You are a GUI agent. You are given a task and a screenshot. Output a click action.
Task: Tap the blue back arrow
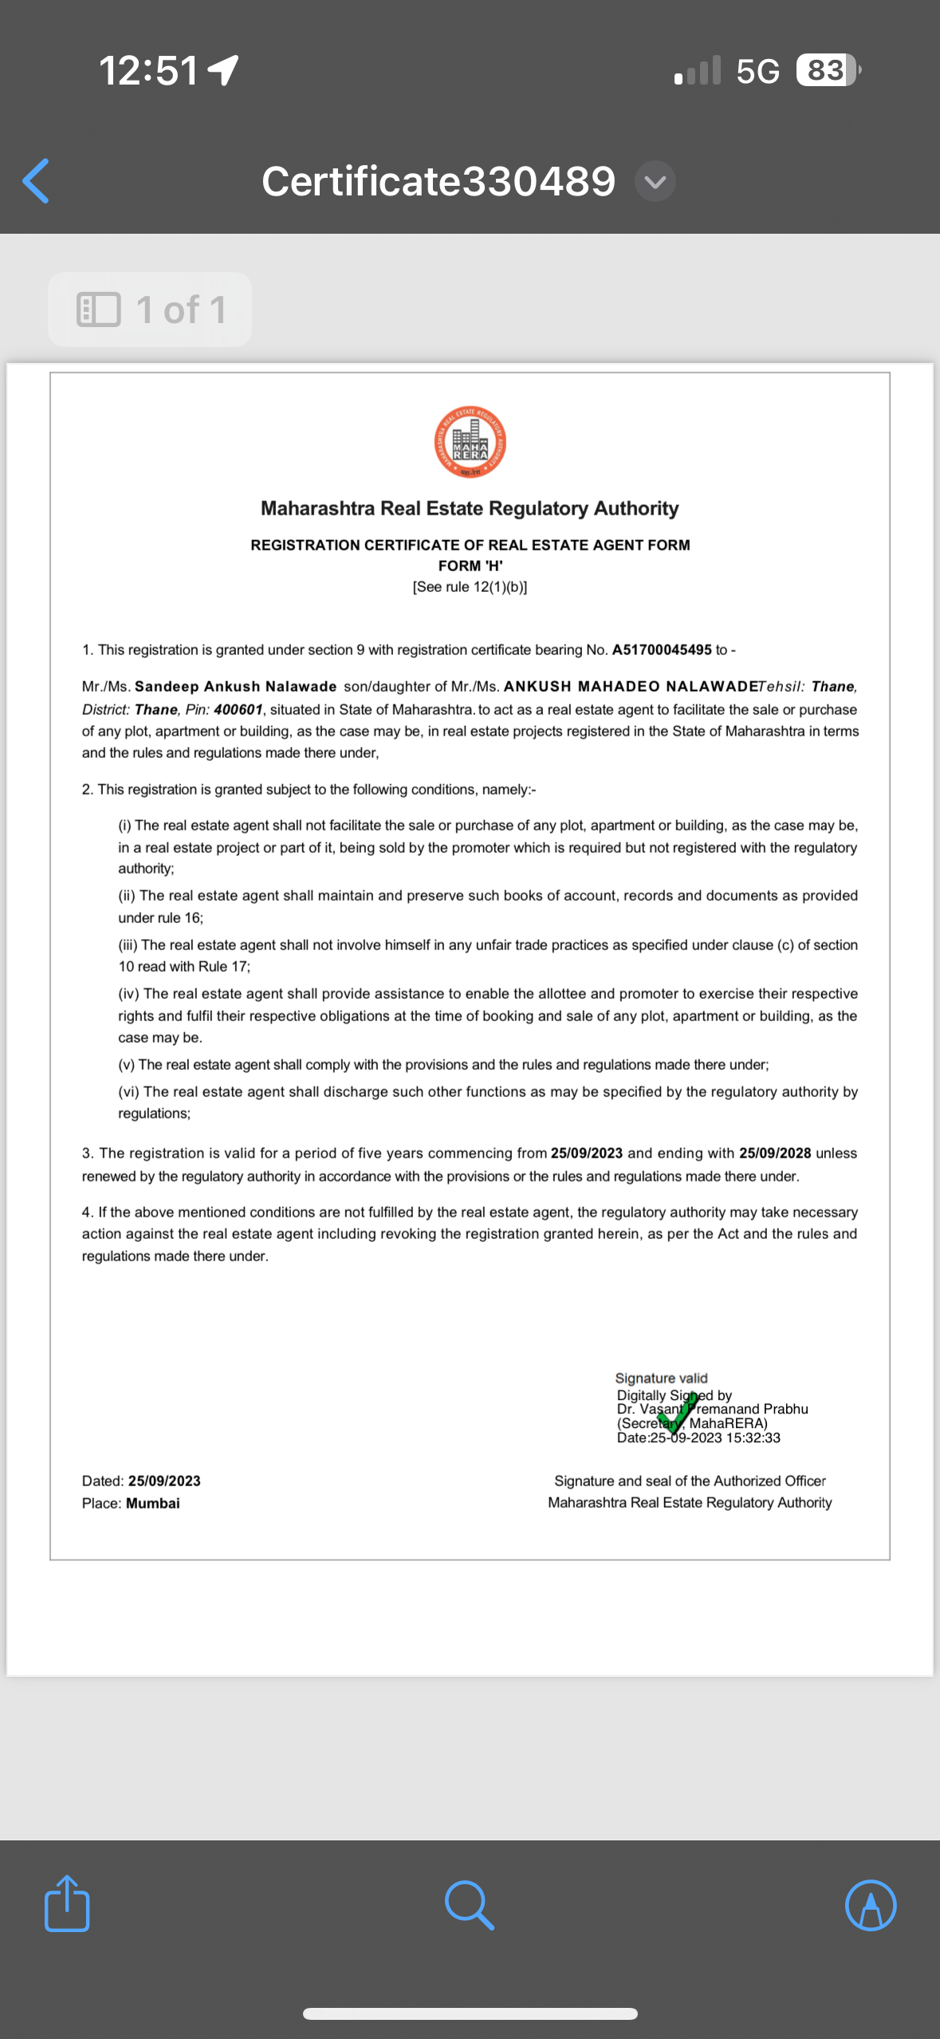point(37,181)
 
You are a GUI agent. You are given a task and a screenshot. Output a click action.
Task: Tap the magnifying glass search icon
point(469,1905)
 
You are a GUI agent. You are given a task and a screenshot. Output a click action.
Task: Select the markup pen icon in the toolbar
point(870,1905)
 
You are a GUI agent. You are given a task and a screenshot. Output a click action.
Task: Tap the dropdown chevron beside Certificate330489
point(655,182)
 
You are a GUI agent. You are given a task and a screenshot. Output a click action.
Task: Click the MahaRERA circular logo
point(470,442)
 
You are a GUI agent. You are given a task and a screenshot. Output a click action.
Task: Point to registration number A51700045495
point(662,650)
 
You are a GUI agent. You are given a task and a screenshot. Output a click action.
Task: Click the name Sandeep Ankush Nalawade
point(236,687)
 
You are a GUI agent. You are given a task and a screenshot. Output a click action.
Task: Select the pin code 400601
point(238,709)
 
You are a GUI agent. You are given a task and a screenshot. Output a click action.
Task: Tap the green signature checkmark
point(677,1413)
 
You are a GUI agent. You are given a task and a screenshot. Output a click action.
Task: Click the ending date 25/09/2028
point(775,1154)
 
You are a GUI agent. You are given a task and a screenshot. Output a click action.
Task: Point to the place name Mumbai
point(153,1503)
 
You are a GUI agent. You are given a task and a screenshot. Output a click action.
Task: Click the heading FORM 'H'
point(470,566)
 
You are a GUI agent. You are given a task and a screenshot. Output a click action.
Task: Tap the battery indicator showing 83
point(827,70)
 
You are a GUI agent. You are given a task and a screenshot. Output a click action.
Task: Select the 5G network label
point(757,71)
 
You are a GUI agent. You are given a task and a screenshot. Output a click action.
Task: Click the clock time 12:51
point(148,70)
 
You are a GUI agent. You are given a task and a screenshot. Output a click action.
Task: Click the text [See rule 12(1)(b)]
point(470,587)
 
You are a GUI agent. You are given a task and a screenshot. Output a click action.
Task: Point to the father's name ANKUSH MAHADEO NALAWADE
point(631,687)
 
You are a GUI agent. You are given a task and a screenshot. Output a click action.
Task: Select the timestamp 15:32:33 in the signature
point(753,1438)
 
